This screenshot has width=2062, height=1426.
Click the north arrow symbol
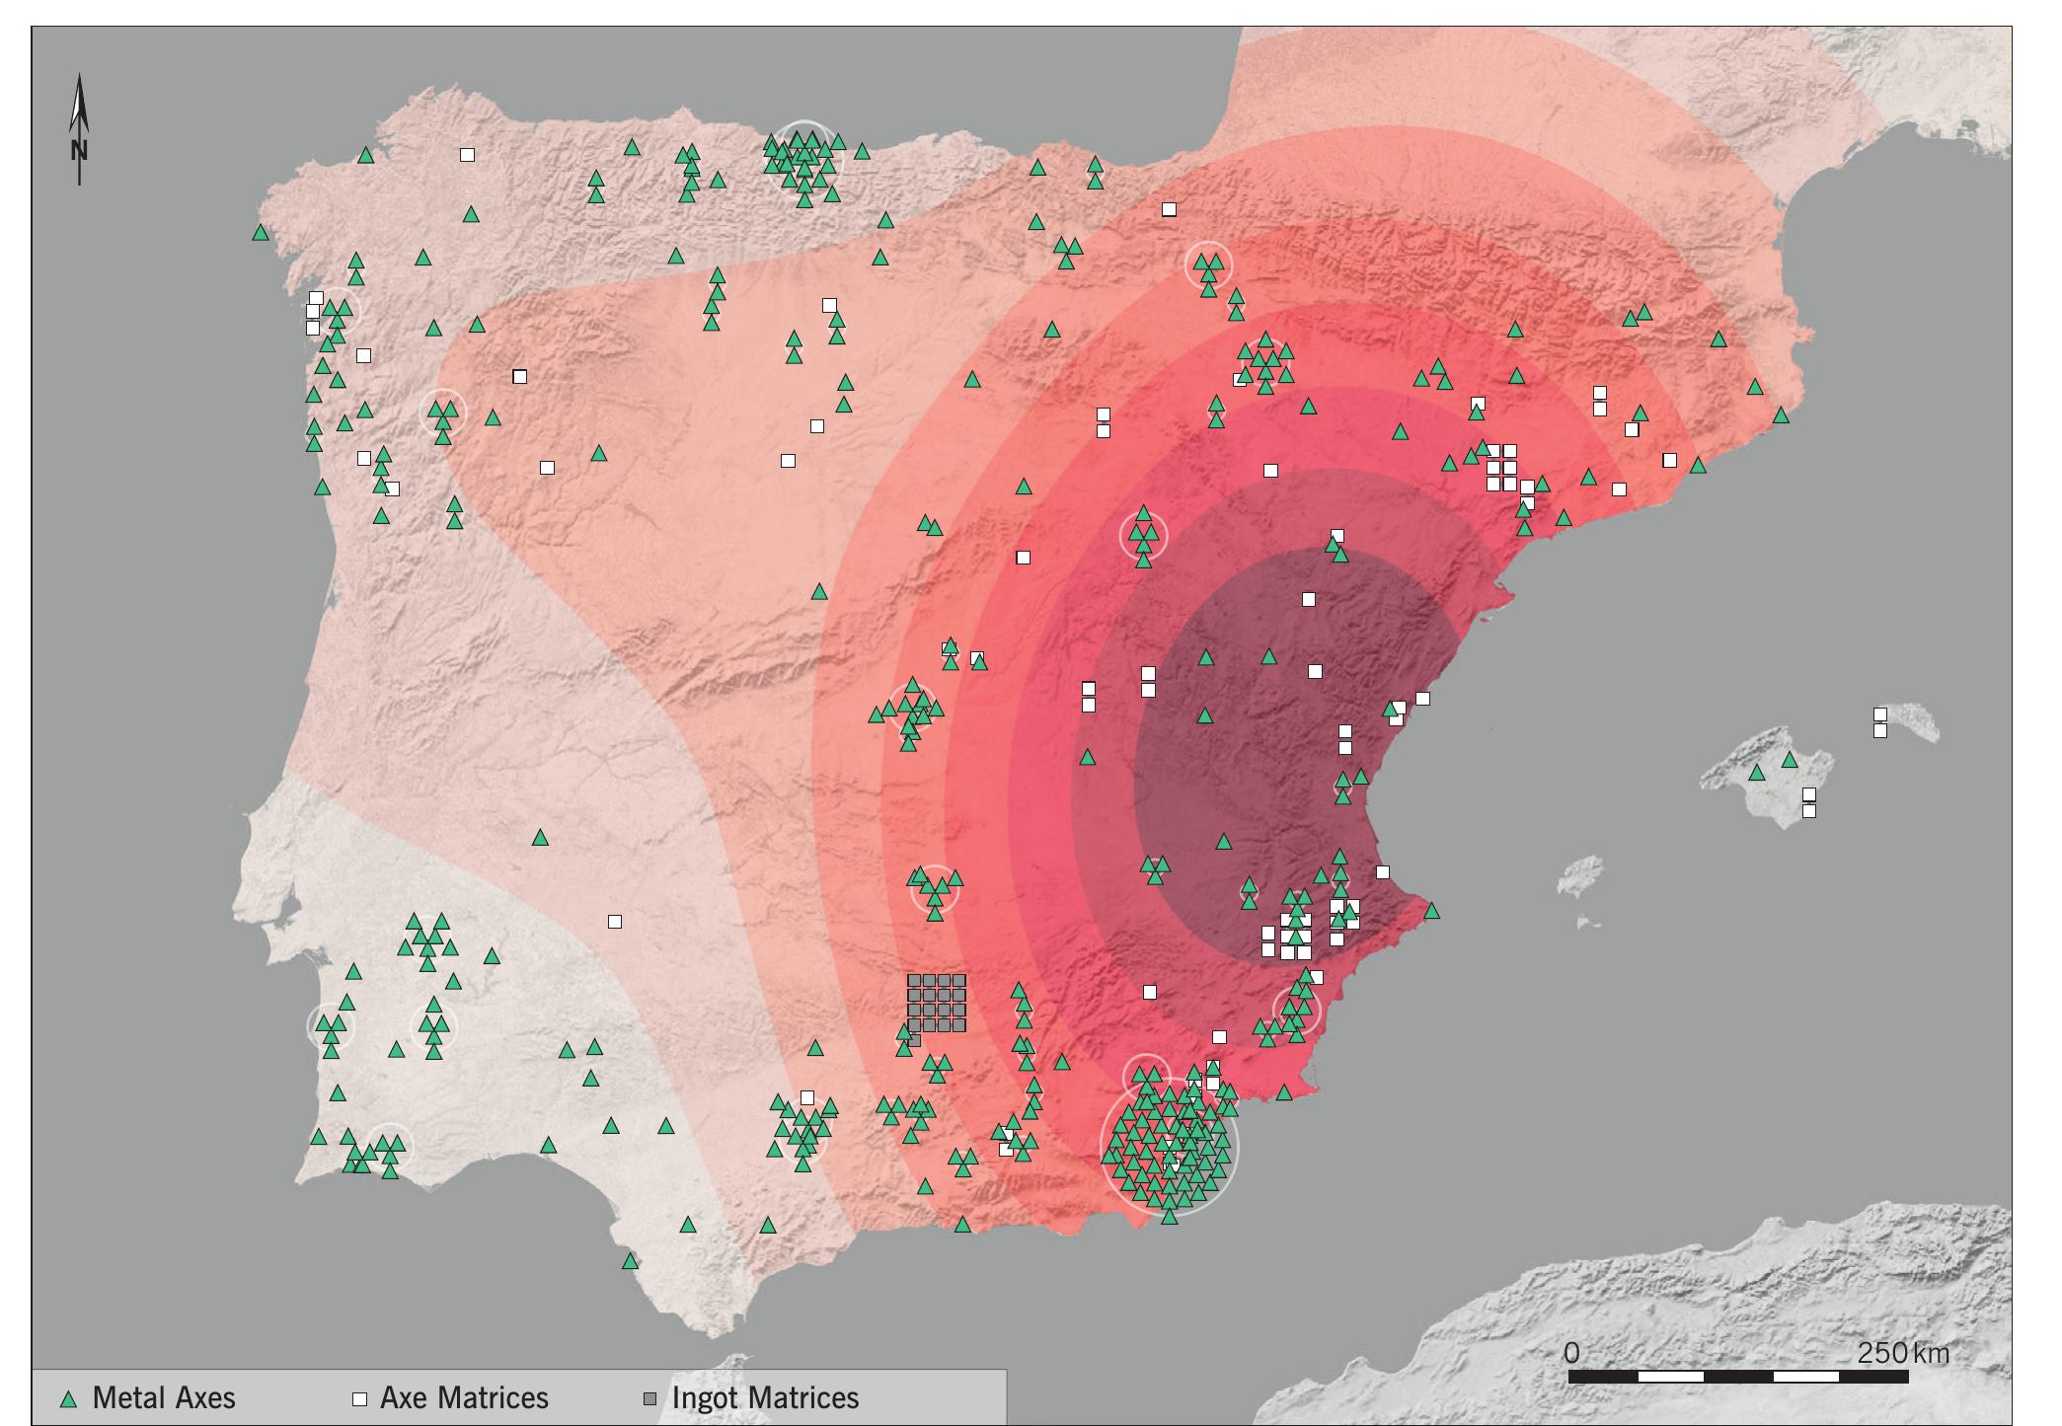click(x=80, y=128)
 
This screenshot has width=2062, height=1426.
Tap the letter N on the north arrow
click(x=80, y=151)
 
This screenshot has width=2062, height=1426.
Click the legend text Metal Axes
click(x=164, y=1398)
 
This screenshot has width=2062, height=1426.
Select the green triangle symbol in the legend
click(x=68, y=1399)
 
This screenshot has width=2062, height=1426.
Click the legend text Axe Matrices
click(x=464, y=1398)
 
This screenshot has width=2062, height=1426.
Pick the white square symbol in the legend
click(x=361, y=1399)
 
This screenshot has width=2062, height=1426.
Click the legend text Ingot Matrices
click(x=765, y=1398)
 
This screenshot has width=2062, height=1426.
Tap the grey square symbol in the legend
click(x=650, y=1399)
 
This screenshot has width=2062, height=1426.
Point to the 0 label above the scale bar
click(x=1571, y=1352)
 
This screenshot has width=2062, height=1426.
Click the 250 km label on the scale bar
click(x=1902, y=1352)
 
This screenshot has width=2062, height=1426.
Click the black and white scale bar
click(x=1737, y=1376)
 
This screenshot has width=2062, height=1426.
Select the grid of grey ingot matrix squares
click(x=936, y=1004)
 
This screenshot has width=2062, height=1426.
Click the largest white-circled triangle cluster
click(x=1170, y=1147)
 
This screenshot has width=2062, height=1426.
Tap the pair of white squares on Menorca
click(x=1880, y=722)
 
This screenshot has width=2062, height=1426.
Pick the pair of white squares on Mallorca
click(x=1809, y=802)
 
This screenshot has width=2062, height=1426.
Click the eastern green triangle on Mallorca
click(x=1790, y=760)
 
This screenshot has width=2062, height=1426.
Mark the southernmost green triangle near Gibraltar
click(x=630, y=1261)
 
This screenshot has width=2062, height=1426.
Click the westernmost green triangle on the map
click(x=261, y=233)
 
